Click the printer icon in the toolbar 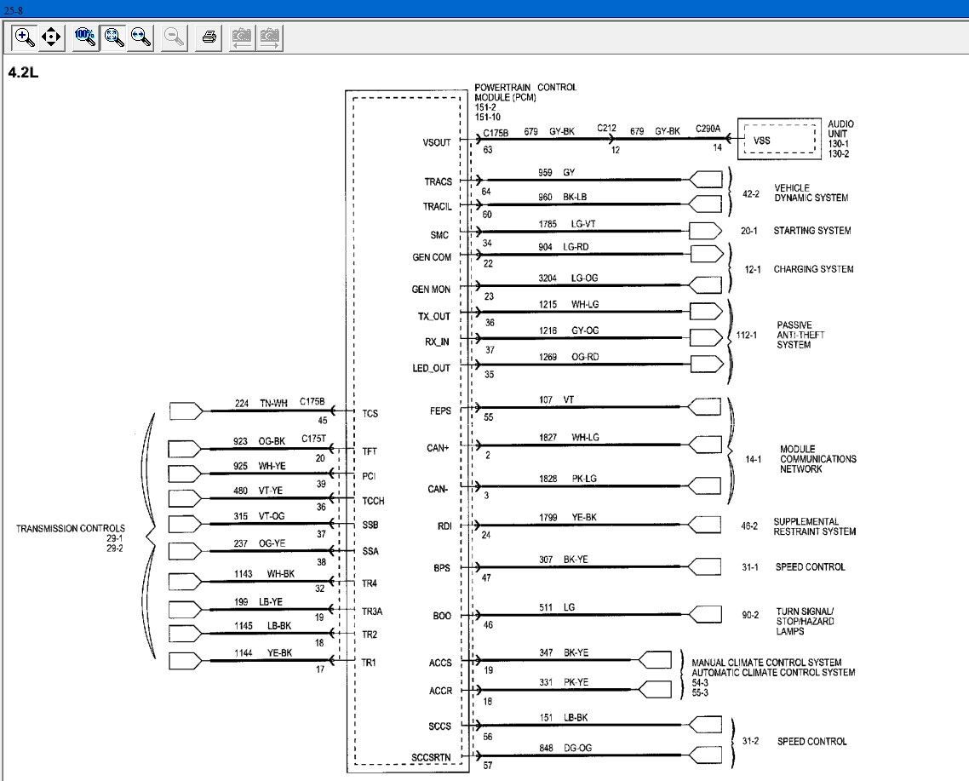click(x=209, y=37)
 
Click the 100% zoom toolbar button click(x=84, y=37)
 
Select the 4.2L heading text click(x=23, y=72)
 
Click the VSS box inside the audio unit click(x=778, y=140)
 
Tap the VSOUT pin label click(x=437, y=142)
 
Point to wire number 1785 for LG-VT click(x=548, y=224)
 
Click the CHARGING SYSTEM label click(x=813, y=269)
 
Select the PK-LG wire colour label click(x=585, y=479)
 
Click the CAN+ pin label click(x=438, y=448)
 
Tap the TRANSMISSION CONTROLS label click(x=71, y=529)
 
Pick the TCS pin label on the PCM click(x=370, y=414)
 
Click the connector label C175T click(x=314, y=439)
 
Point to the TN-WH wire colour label click(x=274, y=403)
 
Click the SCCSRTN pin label click(x=432, y=757)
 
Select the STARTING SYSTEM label click(x=812, y=231)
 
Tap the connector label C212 click(x=607, y=128)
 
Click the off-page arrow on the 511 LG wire click(x=704, y=614)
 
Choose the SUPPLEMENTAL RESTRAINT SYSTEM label click(x=815, y=526)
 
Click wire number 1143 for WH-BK click(x=244, y=574)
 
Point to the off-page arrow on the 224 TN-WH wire click(x=186, y=411)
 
